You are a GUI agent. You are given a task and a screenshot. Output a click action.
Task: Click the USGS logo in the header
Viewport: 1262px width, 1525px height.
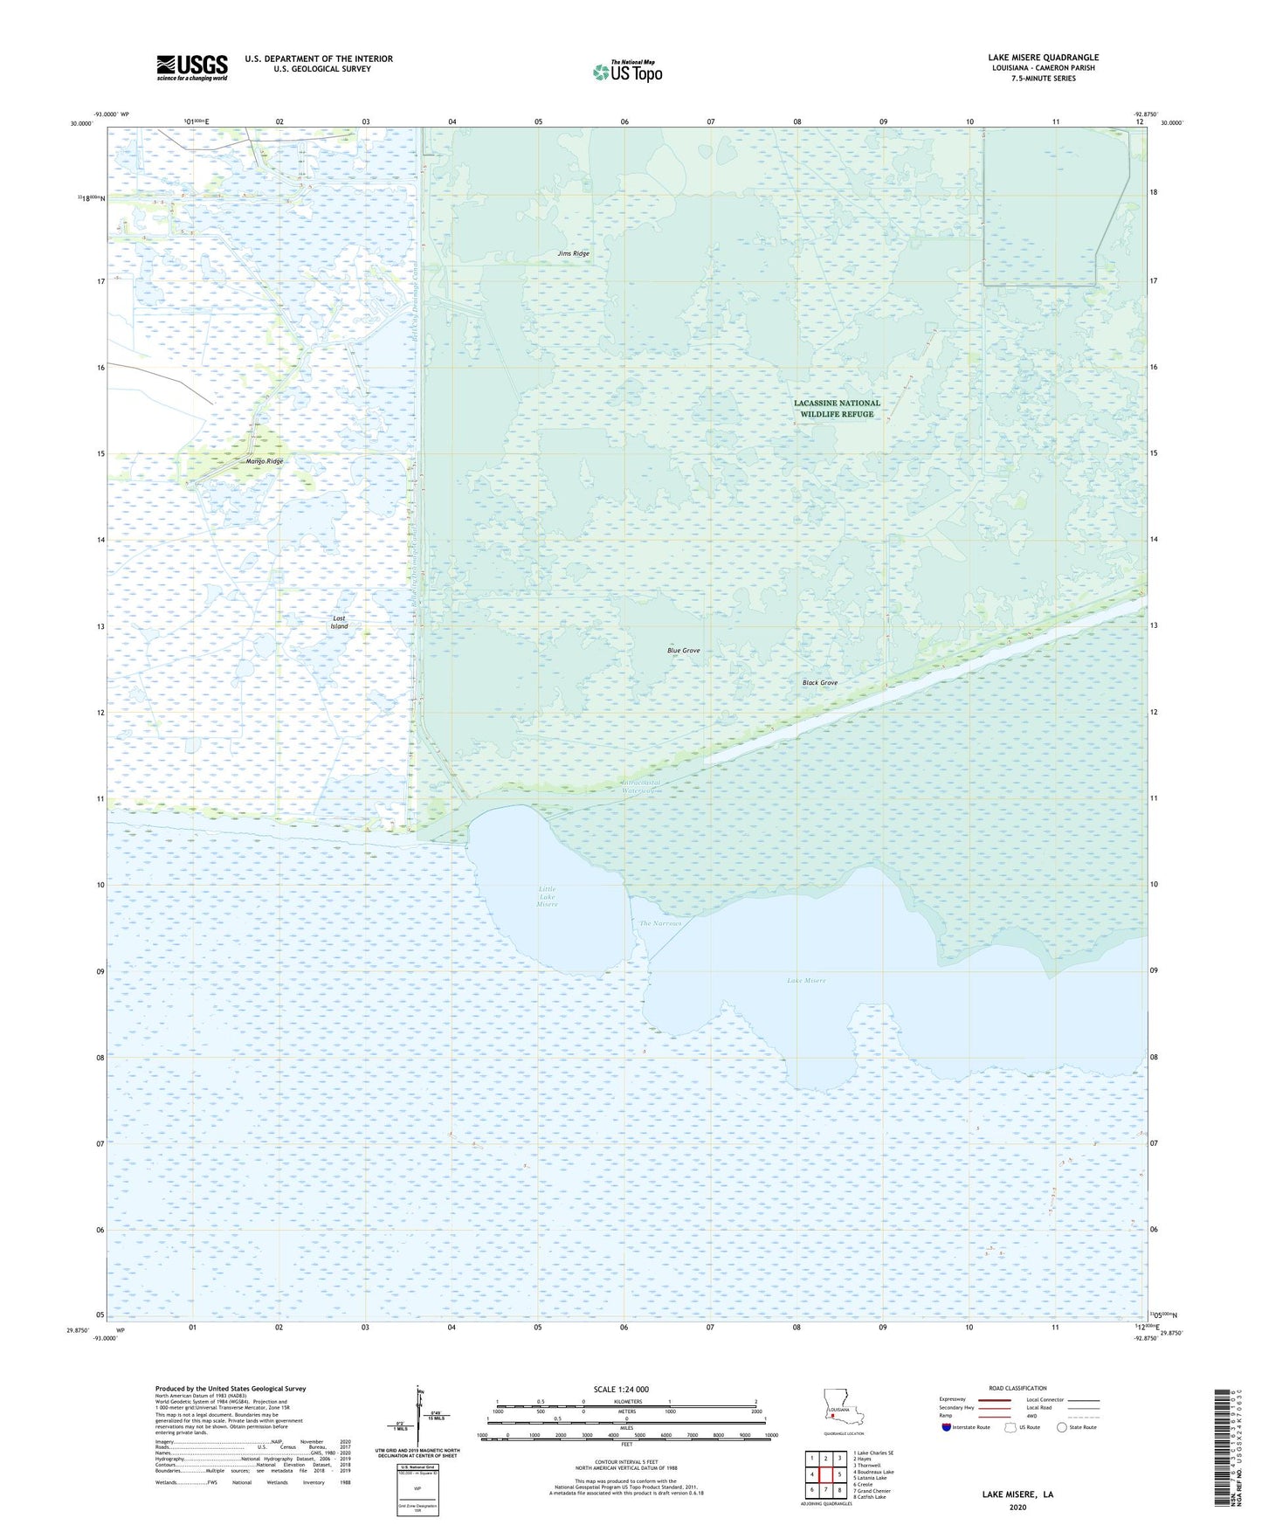coord(192,67)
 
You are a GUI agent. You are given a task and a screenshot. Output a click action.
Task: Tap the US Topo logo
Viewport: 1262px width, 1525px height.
coord(627,72)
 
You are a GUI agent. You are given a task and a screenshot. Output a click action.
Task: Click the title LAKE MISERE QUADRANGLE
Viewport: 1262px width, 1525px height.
coord(1043,58)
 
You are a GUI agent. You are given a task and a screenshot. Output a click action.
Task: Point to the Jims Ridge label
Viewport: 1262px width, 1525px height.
coord(574,253)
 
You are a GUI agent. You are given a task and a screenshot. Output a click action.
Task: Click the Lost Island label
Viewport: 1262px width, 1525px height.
coord(340,622)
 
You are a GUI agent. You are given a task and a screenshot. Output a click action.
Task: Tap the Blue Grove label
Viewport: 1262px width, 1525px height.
coord(683,651)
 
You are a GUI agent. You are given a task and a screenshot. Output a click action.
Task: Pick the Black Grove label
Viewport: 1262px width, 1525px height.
coord(819,683)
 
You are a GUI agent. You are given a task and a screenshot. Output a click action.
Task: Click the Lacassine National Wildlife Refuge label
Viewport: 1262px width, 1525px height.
coord(837,408)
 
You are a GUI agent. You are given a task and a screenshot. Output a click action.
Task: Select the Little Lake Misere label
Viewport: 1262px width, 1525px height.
coord(547,897)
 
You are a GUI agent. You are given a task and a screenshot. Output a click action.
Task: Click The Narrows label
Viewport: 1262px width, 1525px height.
coord(659,923)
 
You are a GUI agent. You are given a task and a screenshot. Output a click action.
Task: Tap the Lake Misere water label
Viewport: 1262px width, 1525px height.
coord(805,980)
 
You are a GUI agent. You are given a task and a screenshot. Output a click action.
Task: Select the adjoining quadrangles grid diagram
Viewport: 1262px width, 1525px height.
coord(825,1476)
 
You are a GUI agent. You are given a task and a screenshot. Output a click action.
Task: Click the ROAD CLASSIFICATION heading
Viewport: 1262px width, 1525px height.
coord(1017,1388)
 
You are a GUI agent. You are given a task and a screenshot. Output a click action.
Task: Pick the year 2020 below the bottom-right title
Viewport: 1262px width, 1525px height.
coord(1017,1507)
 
